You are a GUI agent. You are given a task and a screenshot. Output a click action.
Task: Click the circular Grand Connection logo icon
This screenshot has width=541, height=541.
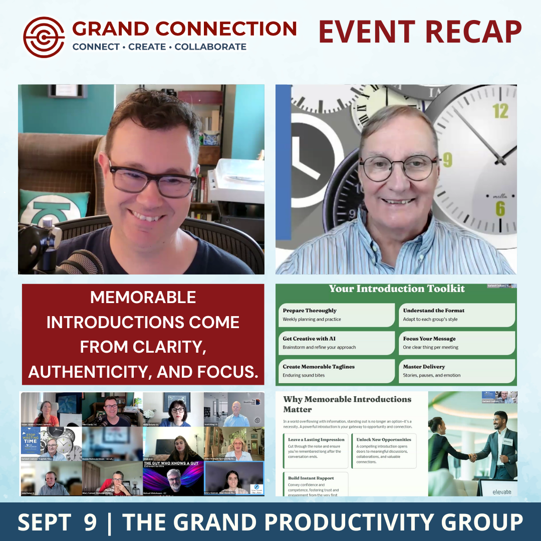click(44, 38)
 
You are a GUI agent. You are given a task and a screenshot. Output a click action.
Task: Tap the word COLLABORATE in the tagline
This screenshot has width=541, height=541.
click(210, 47)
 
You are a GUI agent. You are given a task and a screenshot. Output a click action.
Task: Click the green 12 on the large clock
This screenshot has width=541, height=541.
click(500, 111)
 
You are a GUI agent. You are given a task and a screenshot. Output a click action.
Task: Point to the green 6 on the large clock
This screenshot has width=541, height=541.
click(500, 208)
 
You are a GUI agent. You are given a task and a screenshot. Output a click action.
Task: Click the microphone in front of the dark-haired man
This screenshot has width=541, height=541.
click(75, 258)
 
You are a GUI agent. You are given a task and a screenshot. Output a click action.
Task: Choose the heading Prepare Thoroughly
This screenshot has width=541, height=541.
click(310, 311)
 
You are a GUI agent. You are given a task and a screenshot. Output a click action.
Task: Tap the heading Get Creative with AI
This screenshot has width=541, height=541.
click(309, 339)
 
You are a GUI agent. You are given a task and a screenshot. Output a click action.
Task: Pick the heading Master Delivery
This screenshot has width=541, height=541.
click(424, 367)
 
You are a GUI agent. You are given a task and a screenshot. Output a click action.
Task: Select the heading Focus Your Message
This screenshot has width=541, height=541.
click(429, 339)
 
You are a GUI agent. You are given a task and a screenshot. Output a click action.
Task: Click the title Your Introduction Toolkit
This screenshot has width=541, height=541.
click(397, 289)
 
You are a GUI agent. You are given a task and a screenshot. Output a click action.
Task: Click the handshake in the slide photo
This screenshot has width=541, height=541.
click(472, 457)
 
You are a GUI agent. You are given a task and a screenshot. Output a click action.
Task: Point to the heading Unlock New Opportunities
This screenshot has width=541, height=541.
click(384, 439)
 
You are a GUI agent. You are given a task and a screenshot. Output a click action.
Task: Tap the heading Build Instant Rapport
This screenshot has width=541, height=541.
click(311, 478)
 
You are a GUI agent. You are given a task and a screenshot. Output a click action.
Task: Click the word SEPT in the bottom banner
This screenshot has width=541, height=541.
click(44, 522)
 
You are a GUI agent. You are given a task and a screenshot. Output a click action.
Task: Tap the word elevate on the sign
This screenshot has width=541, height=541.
click(502, 492)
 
